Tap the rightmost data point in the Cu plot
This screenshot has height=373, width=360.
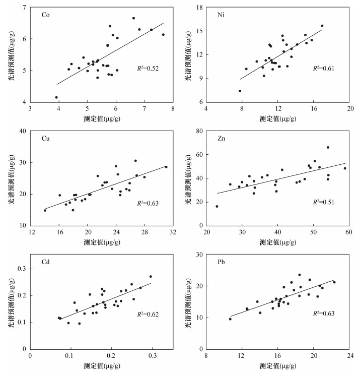pyautogui.click(x=166, y=167)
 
